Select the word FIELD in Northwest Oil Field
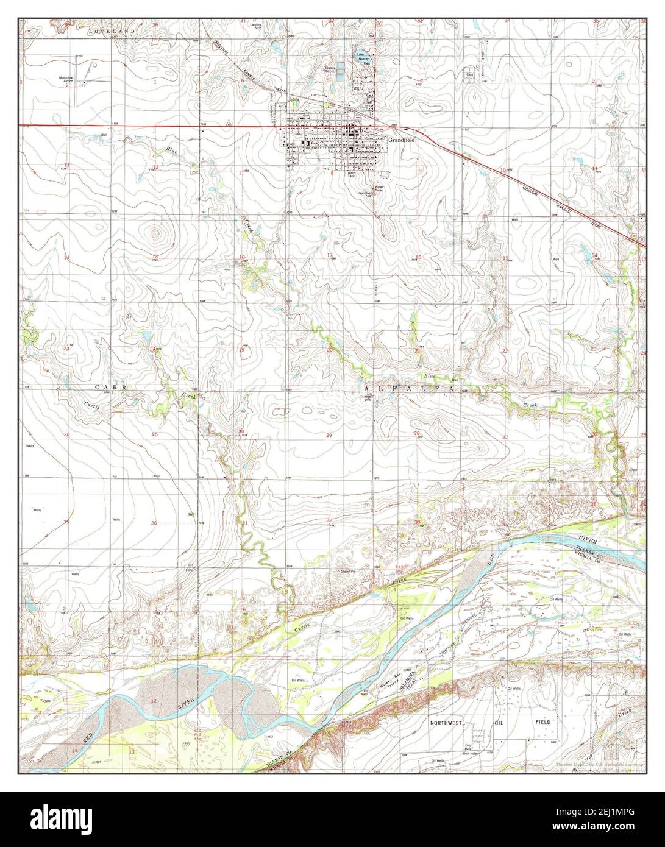543,721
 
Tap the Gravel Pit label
350,572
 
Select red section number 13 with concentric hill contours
155,257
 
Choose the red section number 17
330,255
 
